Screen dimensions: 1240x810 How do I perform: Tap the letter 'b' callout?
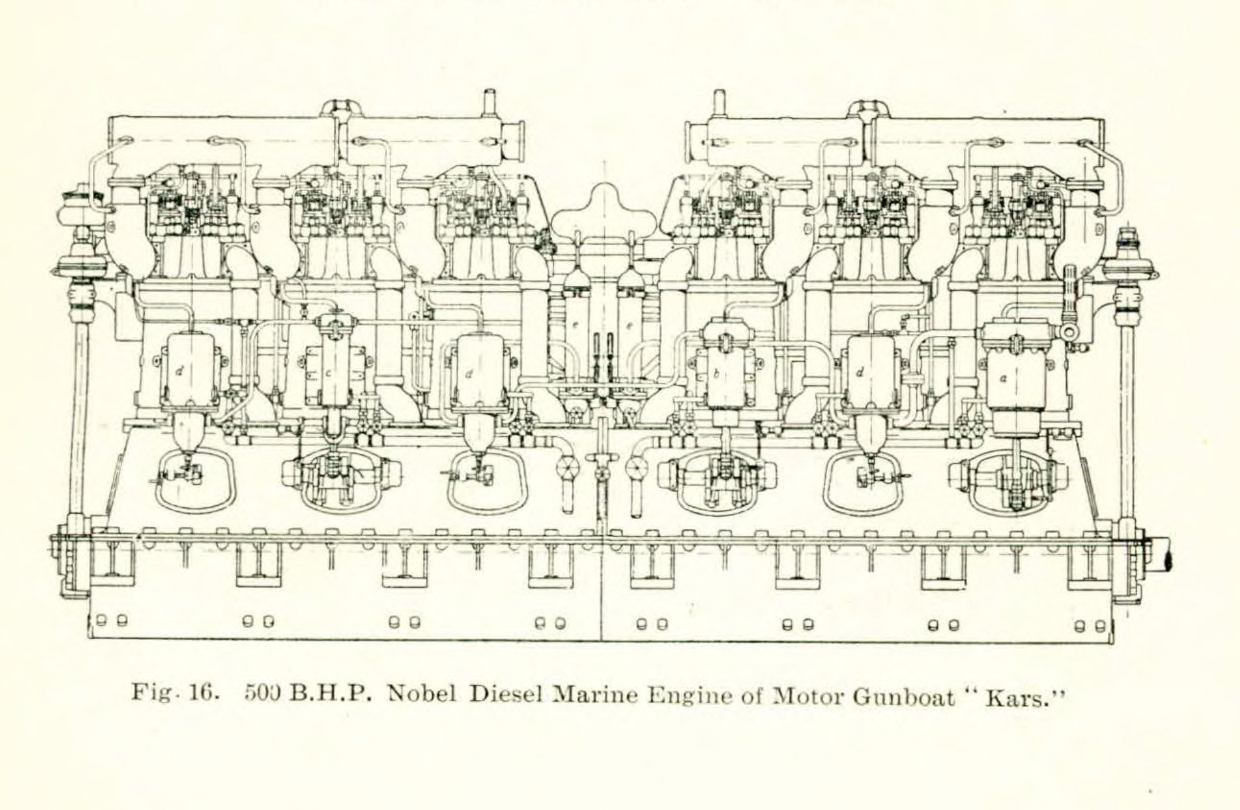click(716, 374)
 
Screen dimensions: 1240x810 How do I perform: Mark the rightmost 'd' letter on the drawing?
click(860, 372)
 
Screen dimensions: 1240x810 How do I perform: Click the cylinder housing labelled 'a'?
click(1016, 379)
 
